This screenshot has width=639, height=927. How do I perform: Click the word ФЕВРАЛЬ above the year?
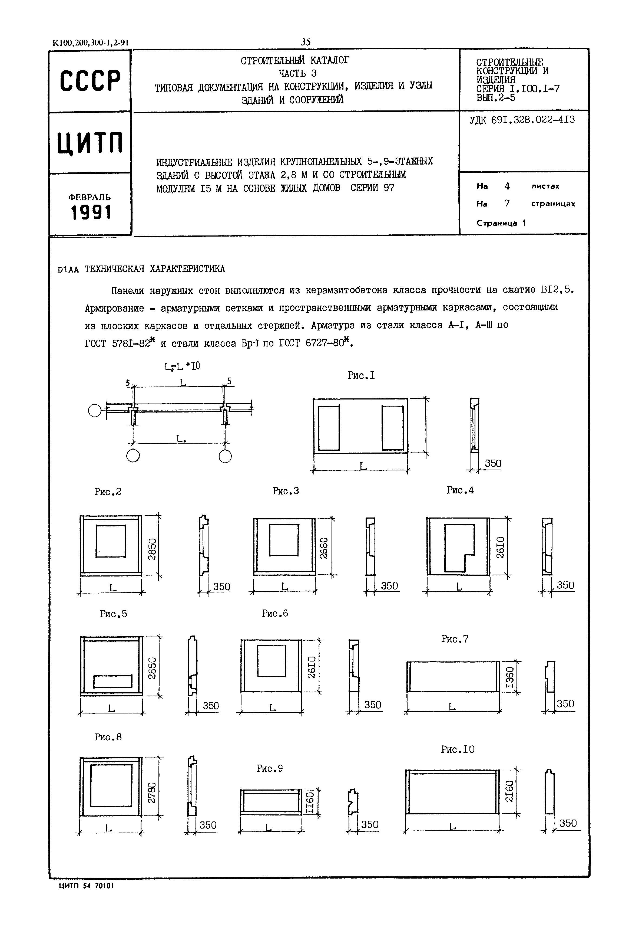coord(90,197)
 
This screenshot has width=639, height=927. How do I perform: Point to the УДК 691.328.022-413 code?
coord(522,120)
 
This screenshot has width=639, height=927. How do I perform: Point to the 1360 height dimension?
coord(510,677)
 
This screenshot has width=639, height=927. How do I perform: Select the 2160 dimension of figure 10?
coord(509,791)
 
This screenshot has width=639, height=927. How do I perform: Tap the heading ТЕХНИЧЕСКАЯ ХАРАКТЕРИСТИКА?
coord(155,269)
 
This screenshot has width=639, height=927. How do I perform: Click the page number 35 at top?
coord(306,42)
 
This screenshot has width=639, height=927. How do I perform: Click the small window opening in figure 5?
coord(112,682)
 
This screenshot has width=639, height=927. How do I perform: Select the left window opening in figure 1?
coord(329,428)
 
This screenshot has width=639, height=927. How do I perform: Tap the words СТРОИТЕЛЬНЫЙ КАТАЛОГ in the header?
coord(295,60)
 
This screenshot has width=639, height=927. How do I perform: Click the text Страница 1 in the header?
coord(501,223)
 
